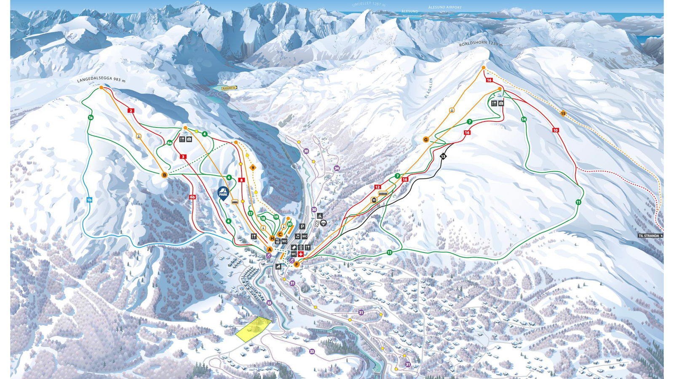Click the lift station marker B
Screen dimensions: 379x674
click(x=165, y=175)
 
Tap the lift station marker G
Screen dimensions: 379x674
click(x=426, y=139)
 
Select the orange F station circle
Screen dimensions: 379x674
click(x=297, y=264)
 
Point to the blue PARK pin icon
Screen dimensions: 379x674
click(x=223, y=193)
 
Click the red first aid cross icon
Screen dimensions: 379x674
click(x=301, y=254)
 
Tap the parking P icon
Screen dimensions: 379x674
click(x=302, y=227)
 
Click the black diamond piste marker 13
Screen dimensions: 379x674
click(x=443, y=156)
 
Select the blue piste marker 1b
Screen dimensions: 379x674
click(x=89, y=200)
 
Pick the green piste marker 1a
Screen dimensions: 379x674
click(x=91, y=117)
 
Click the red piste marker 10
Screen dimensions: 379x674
click(x=556, y=131)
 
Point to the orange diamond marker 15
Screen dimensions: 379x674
click(x=563, y=113)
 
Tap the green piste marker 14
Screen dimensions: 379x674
click(x=524, y=120)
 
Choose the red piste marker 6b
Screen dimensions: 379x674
click(x=193, y=197)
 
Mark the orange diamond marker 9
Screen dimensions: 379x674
click(x=253, y=168)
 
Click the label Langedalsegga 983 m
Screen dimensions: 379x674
click(x=102, y=79)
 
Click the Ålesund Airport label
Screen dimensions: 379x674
click(x=445, y=8)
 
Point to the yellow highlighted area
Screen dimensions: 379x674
click(x=254, y=329)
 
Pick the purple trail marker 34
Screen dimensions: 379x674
click(x=337, y=168)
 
